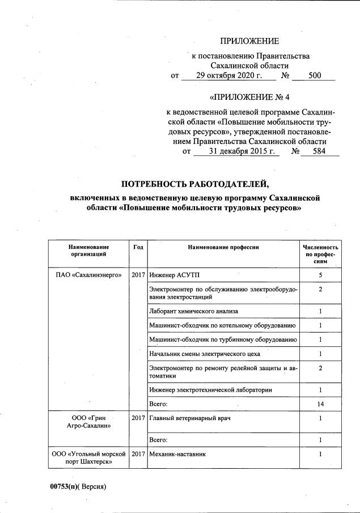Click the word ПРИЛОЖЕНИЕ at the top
(250, 41)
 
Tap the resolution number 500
(315, 76)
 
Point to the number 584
(319, 152)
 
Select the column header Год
(138, 248)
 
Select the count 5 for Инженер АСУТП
(320, 275)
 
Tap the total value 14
(320, 404)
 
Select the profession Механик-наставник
(177, 454)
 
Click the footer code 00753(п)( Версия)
(78, 486)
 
